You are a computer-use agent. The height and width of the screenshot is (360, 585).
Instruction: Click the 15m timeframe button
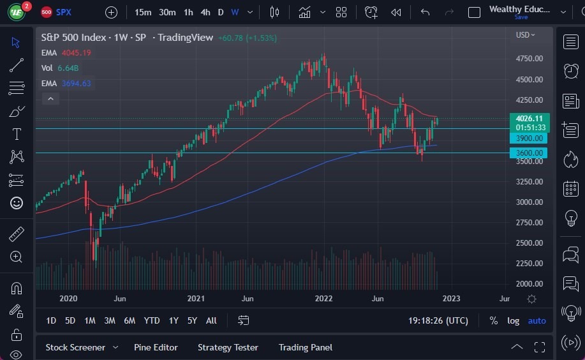[144, 12]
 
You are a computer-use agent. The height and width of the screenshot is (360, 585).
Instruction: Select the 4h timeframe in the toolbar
[205, 12]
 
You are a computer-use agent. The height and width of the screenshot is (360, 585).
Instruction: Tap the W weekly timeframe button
[235, 12]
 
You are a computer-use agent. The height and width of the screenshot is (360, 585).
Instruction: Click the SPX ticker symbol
[64, 12]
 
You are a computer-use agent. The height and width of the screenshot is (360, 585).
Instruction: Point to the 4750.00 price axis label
[529, 59]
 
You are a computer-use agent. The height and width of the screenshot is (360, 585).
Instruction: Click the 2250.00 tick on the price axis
[529, 264]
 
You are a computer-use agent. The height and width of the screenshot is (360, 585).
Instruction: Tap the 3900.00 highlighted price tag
[529, 139]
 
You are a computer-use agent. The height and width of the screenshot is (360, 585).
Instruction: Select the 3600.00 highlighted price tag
[529, 153]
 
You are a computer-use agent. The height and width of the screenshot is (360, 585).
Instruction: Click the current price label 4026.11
[529, 118]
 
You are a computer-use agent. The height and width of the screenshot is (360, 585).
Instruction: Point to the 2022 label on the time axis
[324, 299]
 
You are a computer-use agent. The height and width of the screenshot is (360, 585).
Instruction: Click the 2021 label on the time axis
[196, 299]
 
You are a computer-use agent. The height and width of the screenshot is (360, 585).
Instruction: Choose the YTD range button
[152, 320]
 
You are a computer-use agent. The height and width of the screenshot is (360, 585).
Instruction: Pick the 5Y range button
[192, 320]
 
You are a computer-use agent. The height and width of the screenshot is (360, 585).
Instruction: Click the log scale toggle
[513, 320]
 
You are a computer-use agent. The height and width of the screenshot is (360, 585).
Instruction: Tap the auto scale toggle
[537, 320]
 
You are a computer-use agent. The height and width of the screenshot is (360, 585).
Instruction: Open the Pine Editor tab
[156, 347]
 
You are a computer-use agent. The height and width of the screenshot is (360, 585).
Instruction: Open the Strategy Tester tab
[228, 347]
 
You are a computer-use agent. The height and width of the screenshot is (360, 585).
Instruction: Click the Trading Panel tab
[305, 347]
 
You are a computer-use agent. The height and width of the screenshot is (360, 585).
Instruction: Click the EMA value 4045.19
[76, 52]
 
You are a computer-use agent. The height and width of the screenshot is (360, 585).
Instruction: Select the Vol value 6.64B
[68, 68]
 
